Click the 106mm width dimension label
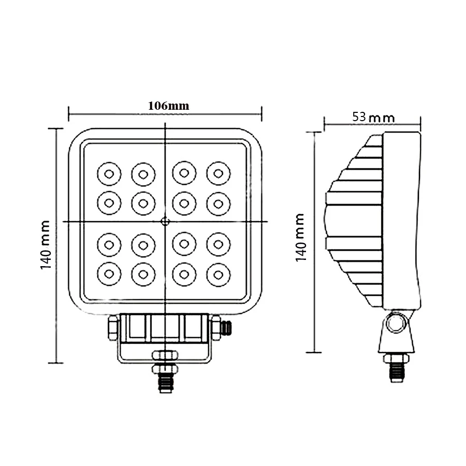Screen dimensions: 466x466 point(169,106)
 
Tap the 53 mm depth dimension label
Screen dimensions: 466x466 point(373,117)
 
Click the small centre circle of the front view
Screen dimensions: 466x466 point(165,222)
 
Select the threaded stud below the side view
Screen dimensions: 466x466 point(396,371)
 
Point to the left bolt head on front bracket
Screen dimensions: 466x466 point(112,327)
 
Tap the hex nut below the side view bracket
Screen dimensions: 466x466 point(396,358)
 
